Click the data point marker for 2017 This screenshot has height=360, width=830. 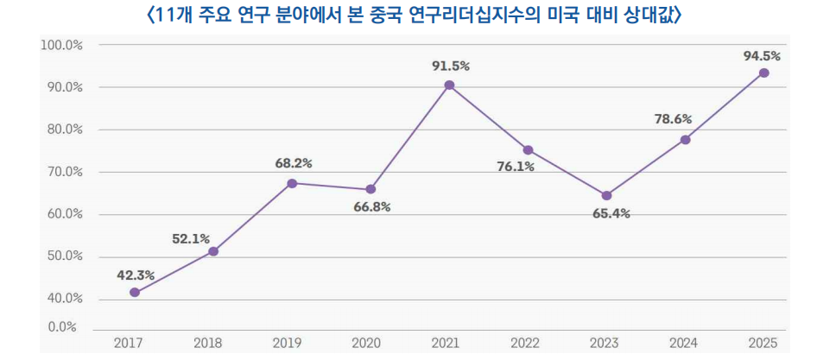click(135, 293)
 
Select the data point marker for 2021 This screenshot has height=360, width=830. click(449, 85)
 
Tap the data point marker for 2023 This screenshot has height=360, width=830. click(606, 196)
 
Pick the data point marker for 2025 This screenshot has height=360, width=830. click(763, 73)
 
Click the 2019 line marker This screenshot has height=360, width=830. click(292, 183)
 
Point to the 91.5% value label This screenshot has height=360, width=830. click(451, 66)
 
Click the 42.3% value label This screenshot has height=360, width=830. click(136, 275)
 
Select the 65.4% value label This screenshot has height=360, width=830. click(611, 213)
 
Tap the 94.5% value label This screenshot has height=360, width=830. click(763, 56)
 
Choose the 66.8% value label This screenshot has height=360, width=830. click(372, 207)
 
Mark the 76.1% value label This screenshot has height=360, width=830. click(516, 167)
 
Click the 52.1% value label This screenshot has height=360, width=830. click(191, 239)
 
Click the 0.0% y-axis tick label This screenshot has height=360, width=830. click(62, 327)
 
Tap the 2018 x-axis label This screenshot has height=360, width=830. click(207, 344)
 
